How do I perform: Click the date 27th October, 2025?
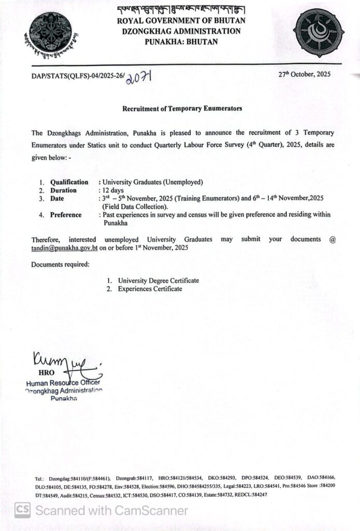point(303,74)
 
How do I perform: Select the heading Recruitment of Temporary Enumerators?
point(182,109)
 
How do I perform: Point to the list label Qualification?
point(69,182)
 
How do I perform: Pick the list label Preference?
point(66,215)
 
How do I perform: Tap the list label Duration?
point(63,190)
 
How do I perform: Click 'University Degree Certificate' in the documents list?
point(158,281)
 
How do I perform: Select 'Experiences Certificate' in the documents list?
point(150,289)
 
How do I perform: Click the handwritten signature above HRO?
point(65,360)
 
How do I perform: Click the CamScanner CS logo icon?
point(22,510)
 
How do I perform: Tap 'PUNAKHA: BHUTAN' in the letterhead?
point(181,41)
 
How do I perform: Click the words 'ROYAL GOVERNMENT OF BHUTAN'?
point(181,21)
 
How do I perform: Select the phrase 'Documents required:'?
point(60,264)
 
